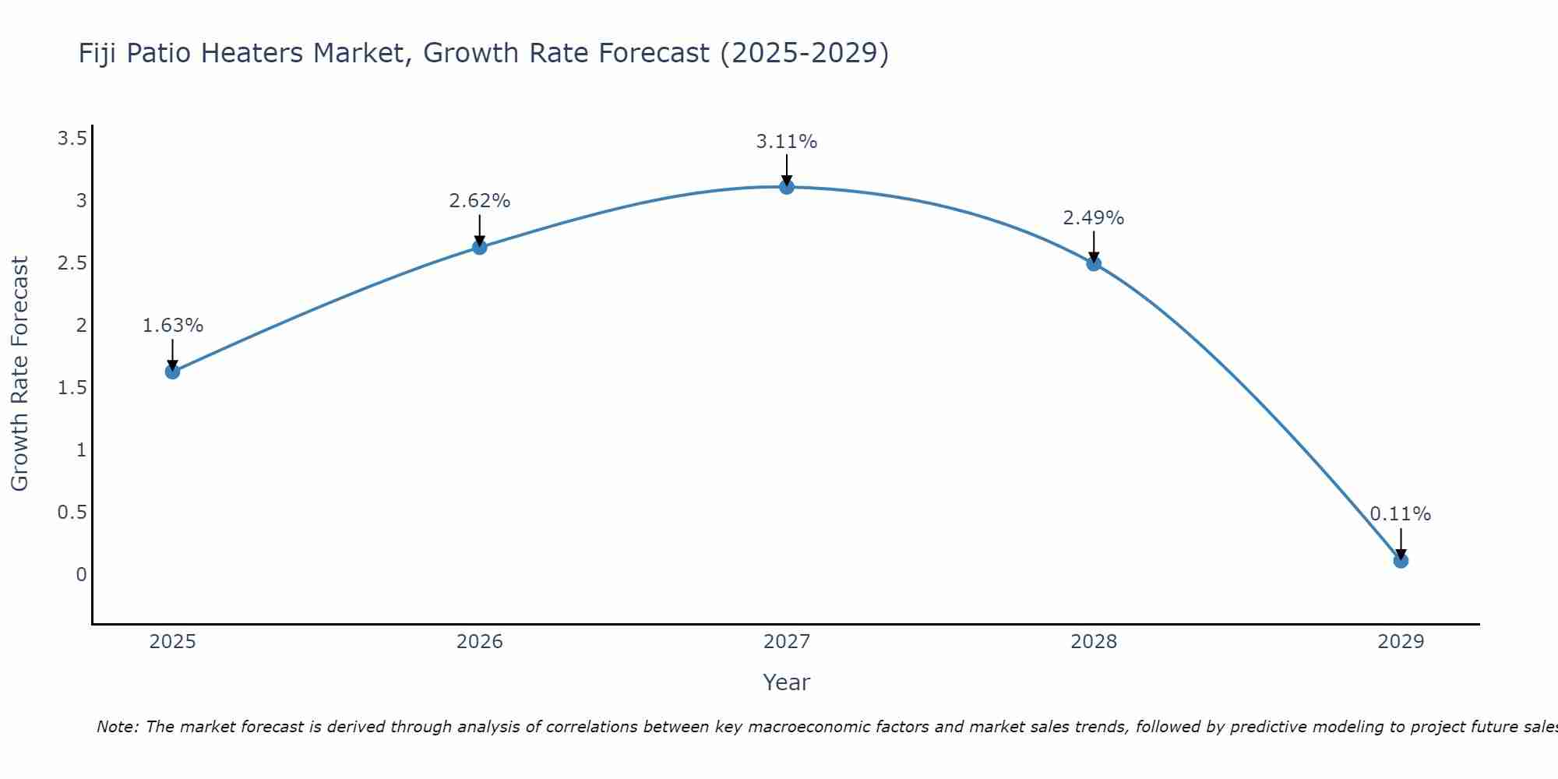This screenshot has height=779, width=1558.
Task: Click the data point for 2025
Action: coord(172,372)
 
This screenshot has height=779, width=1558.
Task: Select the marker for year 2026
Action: coord(479,248)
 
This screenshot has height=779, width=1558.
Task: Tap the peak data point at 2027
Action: coord(786,187)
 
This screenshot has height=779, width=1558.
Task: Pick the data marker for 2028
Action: coord(1093,263)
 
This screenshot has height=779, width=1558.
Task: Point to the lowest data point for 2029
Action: coord(1400,561)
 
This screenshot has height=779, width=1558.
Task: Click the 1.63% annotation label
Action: coord(172,326)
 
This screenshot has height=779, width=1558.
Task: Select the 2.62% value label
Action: coord(479,201)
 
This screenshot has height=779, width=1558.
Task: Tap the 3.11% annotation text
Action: coord(786,142)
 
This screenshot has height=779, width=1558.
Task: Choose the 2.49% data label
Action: coord(1093,218)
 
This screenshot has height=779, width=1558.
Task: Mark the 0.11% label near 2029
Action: coord(1400,514)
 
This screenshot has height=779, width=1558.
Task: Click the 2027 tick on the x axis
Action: coord(786,642)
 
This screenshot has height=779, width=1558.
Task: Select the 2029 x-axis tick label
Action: coord(1400,642)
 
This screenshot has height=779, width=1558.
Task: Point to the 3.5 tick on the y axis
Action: coord(72,139)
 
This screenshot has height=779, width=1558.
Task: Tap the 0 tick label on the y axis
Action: coord(81,575)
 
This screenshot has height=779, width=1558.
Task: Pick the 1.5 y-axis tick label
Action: coord(72,388)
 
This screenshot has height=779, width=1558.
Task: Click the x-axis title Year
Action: coord(786,682)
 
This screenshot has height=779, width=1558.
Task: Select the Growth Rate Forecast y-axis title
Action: coord(19,374)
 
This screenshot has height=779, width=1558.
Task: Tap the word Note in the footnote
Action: coord(117,727)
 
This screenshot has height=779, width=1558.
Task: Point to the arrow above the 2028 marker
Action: coord(1093,245)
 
